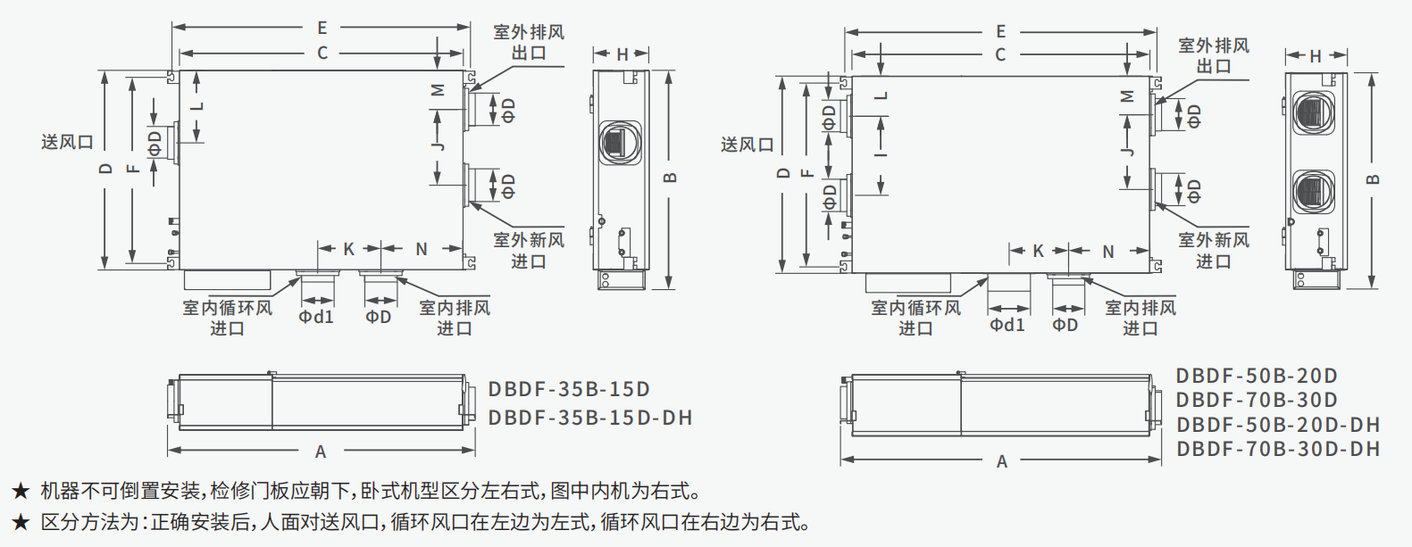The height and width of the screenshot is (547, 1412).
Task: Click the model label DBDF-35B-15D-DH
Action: [x=589, y=418]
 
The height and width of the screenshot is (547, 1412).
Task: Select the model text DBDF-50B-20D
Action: [x=1256, y=376]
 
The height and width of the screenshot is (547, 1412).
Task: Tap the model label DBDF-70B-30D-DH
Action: [x=1278, y=449]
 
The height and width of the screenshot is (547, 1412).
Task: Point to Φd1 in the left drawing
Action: [x=315, y=317]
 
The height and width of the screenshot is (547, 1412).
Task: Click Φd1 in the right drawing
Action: [x=1007, y=325]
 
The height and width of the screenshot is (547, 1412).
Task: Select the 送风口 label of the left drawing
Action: [x=67, y=142]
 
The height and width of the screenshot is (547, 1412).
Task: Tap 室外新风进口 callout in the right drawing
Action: [x=1213, y=251]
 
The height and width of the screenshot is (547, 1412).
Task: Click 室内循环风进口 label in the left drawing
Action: [x=227, y=318]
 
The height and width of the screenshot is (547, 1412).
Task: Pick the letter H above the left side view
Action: [x=622, y=54]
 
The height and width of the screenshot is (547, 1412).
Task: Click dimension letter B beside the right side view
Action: [x=1374, y=178]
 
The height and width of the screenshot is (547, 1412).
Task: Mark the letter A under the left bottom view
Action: [x=321, y=452]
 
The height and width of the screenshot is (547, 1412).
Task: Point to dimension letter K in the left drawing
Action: [x=349, y=250]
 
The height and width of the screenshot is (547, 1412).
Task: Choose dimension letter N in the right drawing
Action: [x=1107, y=253]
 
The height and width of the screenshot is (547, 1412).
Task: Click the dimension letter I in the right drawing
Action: [x=881, y=155]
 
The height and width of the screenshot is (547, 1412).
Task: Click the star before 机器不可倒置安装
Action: [x=21, y=492]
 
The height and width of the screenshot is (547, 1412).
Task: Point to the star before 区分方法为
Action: [x=21, y=522]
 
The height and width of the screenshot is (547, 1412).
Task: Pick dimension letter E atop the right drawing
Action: [x=1000, y=31]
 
